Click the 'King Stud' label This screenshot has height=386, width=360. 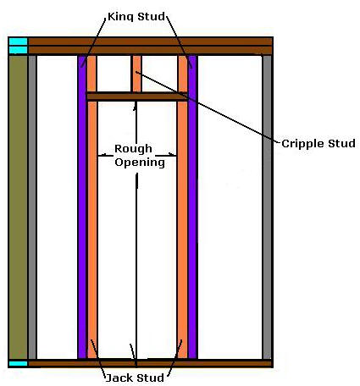click(136, 17)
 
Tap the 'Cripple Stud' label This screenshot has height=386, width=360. click(318, 144)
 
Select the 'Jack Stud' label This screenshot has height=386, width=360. click(135, 378)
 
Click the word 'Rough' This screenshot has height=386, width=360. click(133, 149)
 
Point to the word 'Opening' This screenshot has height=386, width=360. click(140, 163)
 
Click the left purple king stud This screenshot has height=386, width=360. click(82, 207)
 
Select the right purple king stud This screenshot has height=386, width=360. click(192, 207)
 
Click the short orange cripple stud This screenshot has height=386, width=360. click(137, 74)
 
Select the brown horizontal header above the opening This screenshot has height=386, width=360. click(137, 96)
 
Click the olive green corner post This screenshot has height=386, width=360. click(18, 207)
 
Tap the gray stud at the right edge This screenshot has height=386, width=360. click(267, 207)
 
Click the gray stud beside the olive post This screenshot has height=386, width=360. click(32, 207)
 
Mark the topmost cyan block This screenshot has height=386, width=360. click(18, 41)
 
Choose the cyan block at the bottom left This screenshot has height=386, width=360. click(18, 363)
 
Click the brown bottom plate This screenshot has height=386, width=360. click(150, 363)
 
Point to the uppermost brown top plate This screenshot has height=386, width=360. click(150, 41)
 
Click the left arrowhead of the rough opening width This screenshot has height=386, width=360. click(102, 155)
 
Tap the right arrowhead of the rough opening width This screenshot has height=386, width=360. click(173, 155)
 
